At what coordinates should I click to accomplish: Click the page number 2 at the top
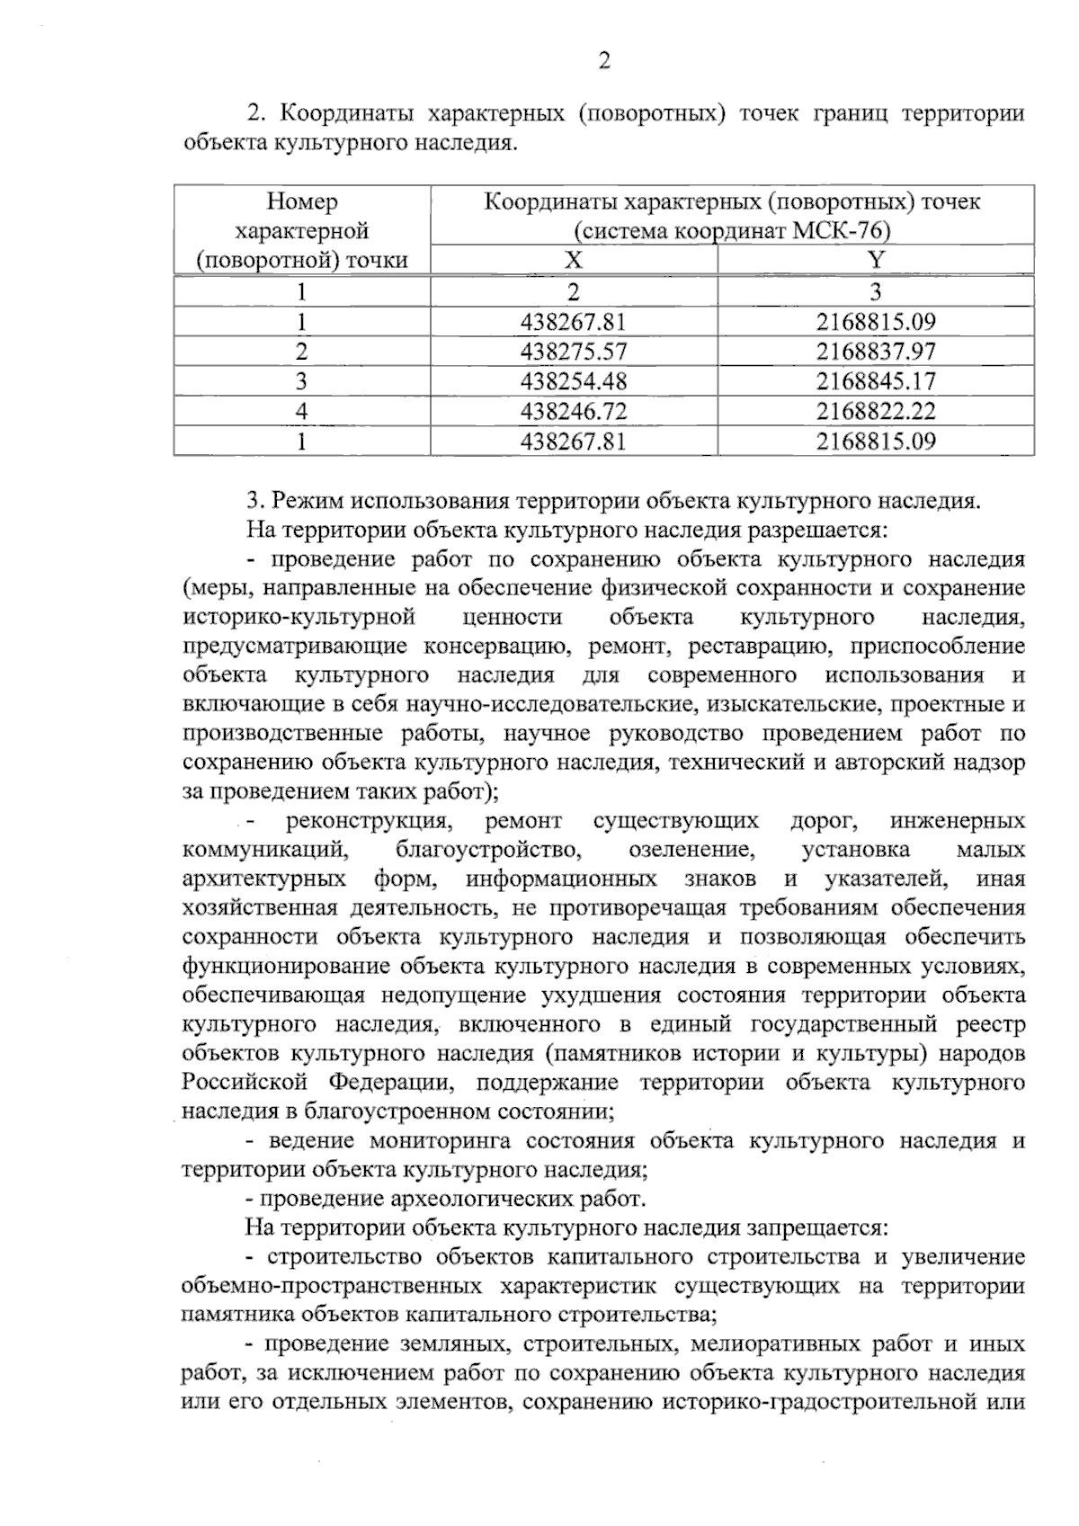pos(604,61)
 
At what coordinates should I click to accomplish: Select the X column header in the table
pos(574,260)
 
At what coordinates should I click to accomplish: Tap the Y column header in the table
pos(876,260)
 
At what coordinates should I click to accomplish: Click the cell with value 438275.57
pos(574,351)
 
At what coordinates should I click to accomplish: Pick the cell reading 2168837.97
pos(876,351)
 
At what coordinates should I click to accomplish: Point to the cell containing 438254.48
pos(574,381)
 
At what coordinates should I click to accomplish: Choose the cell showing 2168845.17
pos(876,381)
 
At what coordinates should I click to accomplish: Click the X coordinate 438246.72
pos(574,412)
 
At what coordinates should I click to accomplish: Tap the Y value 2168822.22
pos(876,412)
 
